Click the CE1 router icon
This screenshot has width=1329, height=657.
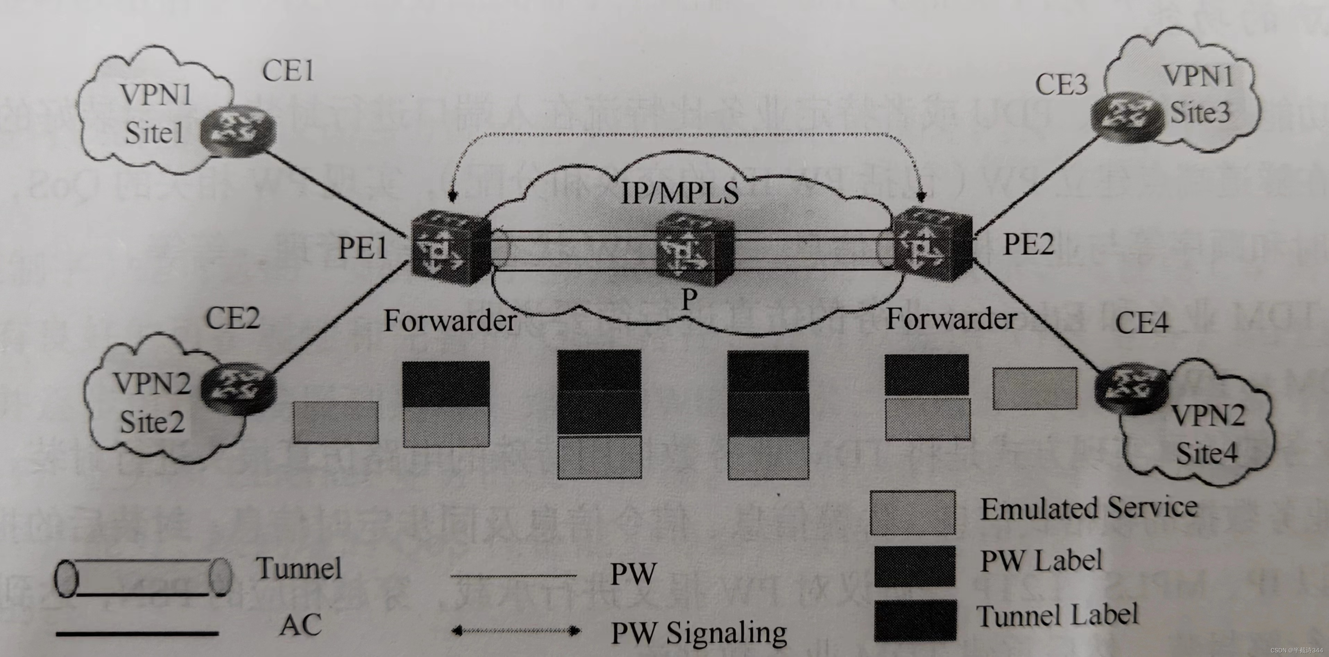coord(237,129)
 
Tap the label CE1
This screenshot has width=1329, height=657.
coord(288,71)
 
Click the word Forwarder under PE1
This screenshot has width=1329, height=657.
coord(450,321)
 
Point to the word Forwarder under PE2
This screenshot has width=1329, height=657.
coord(951,319)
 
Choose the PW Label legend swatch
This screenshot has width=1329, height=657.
coord(914,566)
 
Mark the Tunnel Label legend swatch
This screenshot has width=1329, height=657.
coord(914,620)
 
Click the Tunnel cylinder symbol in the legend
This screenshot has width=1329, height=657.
coord(143,578)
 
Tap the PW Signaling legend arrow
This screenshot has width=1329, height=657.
coord(516,630)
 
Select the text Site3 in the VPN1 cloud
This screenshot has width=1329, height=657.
coord(1200,112)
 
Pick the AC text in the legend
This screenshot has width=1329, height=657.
coord(300,625)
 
